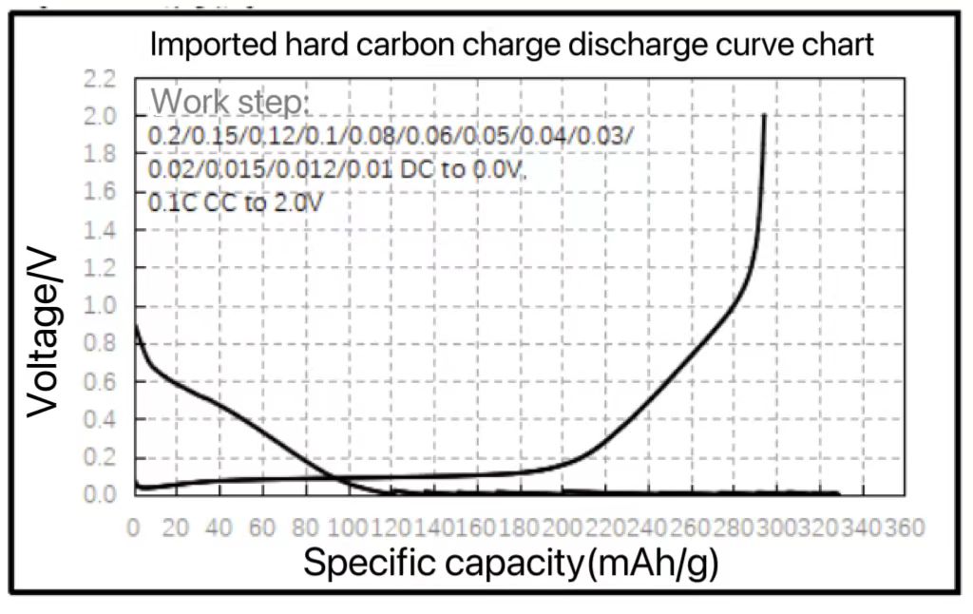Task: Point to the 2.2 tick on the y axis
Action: coord(100,78)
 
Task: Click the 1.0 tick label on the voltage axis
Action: coord(100,306)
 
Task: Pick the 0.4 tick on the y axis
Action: coord(100,419)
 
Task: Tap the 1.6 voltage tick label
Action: coord(100,192)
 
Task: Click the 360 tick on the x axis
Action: coord(906,527)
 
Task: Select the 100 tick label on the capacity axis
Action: coord(348,527)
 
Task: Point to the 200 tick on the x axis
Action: coord(563,527)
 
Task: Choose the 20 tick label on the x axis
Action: coord(176,527)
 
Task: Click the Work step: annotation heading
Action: coord(232,101)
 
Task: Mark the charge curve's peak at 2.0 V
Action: coord(764,116)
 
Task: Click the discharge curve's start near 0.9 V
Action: coord(136,326)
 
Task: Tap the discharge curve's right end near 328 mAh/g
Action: coord(838,493)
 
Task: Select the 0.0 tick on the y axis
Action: coord(100,494)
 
